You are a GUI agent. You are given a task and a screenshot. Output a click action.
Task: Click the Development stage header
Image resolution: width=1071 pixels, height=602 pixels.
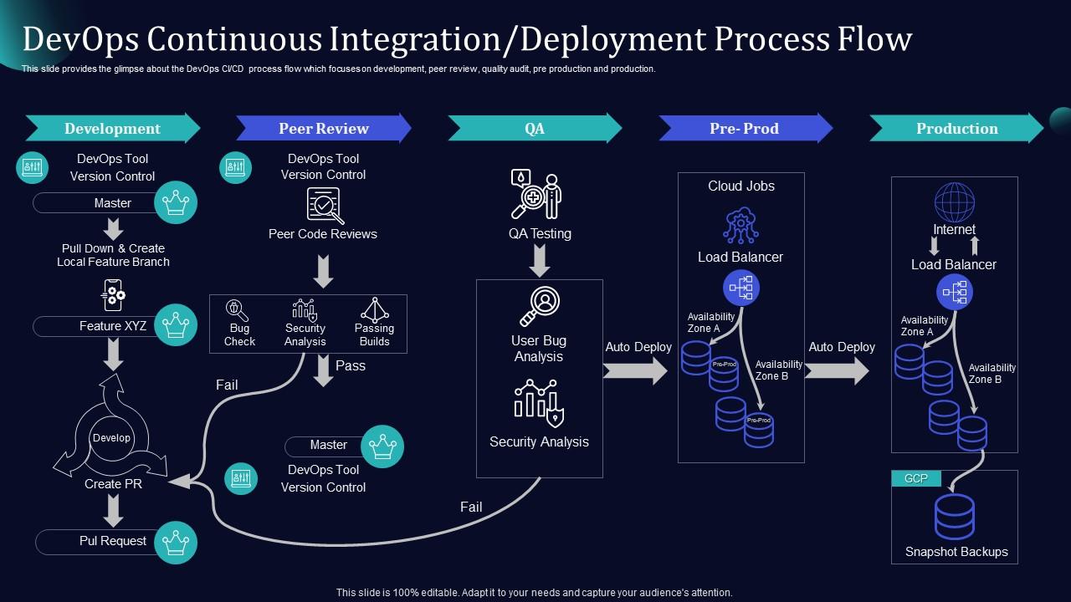tap(112, 129)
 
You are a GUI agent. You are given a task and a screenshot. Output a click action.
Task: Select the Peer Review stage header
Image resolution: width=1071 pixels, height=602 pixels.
tap(323, 129)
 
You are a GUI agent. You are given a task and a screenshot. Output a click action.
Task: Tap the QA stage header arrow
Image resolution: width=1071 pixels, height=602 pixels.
tap(535, 129)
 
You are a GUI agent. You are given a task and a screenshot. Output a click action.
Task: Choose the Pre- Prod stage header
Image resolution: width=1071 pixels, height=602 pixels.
tap(744, 129)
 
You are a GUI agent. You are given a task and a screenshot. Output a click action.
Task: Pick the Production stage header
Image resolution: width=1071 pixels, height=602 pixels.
tap(956, 129)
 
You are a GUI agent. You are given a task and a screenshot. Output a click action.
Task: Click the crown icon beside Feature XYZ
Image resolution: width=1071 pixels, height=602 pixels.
tap(176, 324)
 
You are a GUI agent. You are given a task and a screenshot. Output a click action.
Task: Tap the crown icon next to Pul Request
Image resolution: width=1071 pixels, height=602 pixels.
tap(176, 542)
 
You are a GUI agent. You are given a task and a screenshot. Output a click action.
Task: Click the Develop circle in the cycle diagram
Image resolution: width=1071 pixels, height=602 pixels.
tap(111, 438)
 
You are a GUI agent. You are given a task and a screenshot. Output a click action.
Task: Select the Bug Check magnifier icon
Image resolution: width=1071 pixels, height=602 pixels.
tap(238, 310)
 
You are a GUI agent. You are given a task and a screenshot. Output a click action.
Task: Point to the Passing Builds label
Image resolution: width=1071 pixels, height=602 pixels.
tap(374, 334)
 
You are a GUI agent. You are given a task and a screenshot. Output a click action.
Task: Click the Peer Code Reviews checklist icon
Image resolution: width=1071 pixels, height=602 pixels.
tap(324, 205)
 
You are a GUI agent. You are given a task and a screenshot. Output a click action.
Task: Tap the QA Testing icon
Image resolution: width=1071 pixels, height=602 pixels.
tap(536, 196)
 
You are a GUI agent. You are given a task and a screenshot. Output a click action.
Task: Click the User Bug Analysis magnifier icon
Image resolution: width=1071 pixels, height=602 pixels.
tap(540, 306)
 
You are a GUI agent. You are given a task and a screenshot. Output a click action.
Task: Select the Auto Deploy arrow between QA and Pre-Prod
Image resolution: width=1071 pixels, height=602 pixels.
tap(635, 370)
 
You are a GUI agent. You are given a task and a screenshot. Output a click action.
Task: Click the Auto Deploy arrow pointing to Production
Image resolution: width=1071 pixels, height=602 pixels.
tap(837, 370)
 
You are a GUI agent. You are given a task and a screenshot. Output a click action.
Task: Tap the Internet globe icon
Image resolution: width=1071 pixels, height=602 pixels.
tap(954, 202)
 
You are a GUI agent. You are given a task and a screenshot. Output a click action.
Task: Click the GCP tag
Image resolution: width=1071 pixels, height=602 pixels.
tap(916, 479)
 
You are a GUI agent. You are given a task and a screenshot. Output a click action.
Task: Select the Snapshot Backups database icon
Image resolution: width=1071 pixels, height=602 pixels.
tap(955, 516)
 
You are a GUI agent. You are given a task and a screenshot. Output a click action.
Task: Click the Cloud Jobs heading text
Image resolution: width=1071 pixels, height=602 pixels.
tap(741, 186)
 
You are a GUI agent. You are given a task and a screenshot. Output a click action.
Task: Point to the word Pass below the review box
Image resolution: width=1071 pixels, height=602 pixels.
tap(350, 365)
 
